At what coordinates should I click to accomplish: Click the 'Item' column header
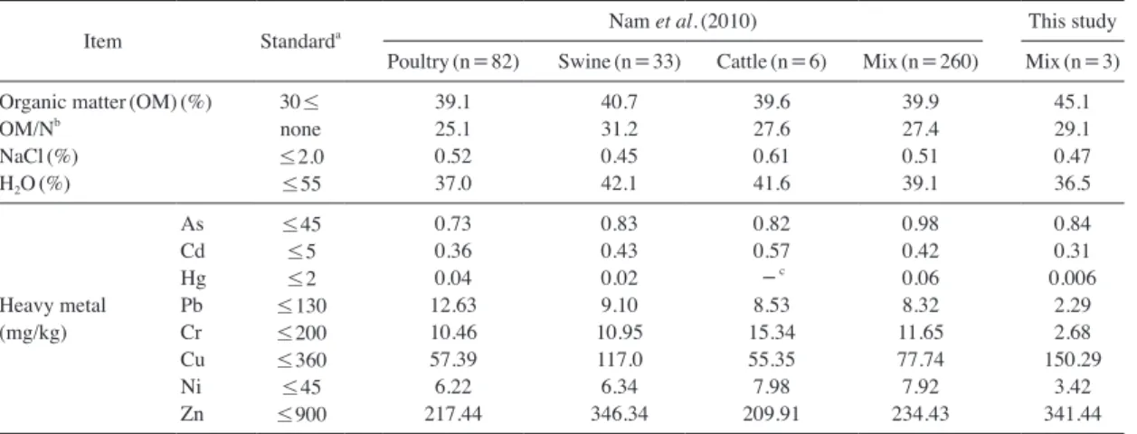102,41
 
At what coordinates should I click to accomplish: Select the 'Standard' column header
300,41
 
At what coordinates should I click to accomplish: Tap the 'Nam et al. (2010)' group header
683,21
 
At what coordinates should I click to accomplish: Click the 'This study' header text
1072,21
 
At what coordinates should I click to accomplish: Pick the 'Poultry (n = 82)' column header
453,61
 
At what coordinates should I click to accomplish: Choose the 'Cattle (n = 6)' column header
771,61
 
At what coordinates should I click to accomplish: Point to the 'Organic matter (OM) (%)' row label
106,102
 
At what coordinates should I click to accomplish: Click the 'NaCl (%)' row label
39,156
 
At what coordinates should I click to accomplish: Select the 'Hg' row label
193,278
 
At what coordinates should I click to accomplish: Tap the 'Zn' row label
192,414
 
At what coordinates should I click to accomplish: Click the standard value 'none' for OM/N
300,129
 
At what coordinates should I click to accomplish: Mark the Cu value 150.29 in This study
1073,359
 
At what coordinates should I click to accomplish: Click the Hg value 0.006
1072,278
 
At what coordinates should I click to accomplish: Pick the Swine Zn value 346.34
620,414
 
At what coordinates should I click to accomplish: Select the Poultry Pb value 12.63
453,305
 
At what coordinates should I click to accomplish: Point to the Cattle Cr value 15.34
772,333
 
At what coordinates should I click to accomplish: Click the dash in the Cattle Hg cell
769,278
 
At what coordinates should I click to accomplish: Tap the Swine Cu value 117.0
620,359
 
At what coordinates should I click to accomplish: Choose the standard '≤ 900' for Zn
302,414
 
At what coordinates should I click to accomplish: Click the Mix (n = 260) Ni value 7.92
920,387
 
